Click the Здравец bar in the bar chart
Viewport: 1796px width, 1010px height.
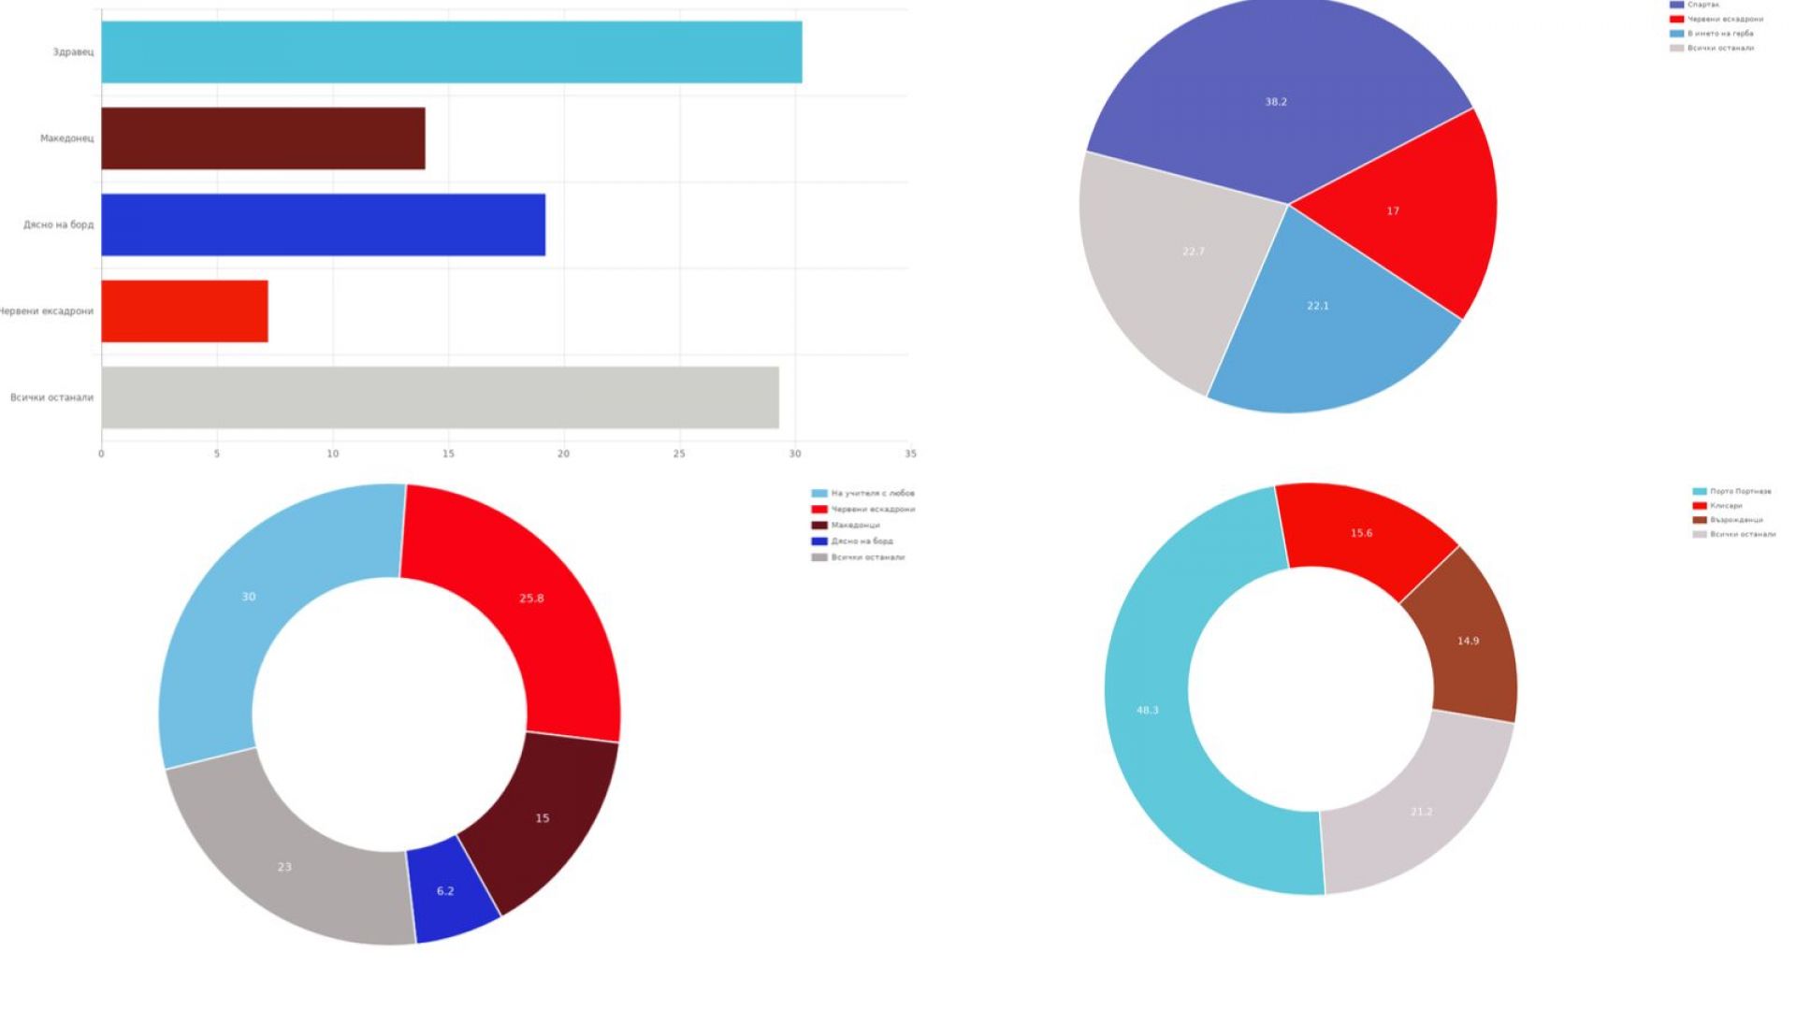tap(451, 52)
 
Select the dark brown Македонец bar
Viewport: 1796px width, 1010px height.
tap(263, 138)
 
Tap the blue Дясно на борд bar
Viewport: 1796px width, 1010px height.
tap(323, 224)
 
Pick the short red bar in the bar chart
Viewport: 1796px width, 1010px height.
tap(184, 311)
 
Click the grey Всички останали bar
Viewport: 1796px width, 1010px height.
tap(440, 397)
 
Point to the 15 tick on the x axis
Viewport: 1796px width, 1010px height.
tap(448, 454)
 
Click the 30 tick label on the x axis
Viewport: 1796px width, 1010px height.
tap(795, 454)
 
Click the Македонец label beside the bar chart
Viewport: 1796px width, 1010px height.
tap(66, 138)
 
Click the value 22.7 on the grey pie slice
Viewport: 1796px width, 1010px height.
tap(1194, 252)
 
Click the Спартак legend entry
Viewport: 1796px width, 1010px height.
tap(1702, 5)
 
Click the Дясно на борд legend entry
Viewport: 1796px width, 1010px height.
tap(862, 541)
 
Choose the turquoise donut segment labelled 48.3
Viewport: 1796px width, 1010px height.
tap(1148, 711)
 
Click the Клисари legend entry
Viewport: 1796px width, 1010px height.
tap(1726, 506)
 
